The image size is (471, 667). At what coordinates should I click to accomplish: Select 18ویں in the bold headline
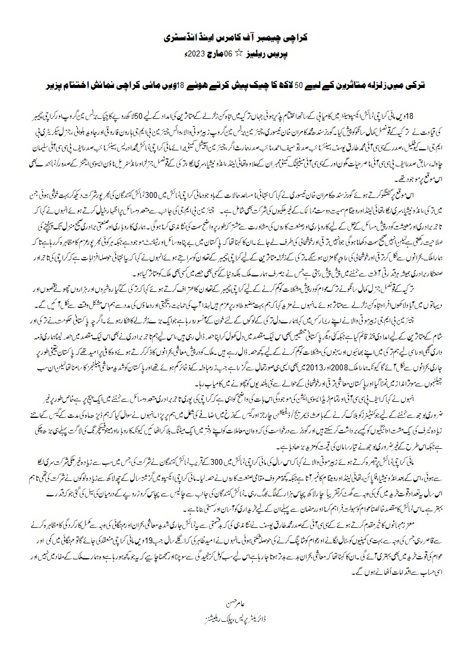(x=172, y=78)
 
